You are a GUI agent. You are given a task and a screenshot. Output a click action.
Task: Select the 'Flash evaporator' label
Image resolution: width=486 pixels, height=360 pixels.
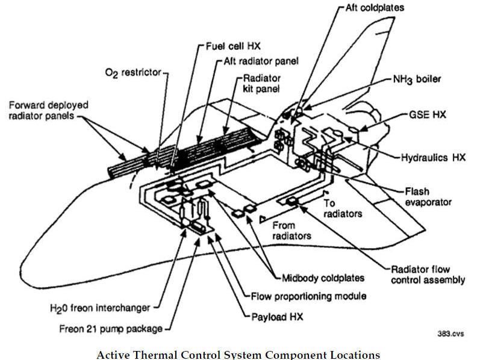click(428, 196)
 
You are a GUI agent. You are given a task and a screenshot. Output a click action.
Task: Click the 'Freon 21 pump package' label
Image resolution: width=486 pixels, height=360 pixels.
click(112, 329)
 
